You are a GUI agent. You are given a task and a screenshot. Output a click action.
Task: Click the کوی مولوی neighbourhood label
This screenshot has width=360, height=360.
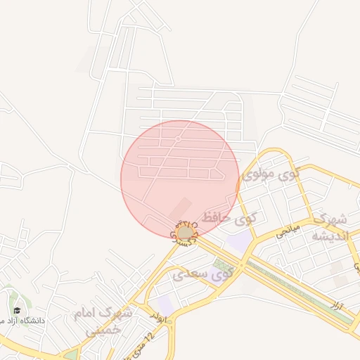point(270,174)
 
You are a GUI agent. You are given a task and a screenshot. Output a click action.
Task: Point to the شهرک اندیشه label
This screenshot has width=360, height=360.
point(329,226)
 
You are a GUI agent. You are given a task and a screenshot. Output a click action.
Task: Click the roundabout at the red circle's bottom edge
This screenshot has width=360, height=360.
point(185,233)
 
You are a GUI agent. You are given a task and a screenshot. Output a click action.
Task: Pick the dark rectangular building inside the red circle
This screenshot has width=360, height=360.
point(181,208)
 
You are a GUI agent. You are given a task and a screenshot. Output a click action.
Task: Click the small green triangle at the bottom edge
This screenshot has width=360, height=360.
point(71,355)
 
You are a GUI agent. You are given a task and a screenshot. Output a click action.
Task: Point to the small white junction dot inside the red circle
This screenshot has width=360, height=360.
point(179,139)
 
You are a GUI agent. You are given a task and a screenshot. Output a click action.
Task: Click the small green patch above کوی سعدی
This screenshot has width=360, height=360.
point(219,264)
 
